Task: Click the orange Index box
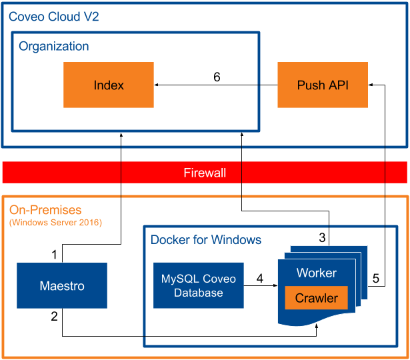click(109, 85)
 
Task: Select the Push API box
click(322, 85)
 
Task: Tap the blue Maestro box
click(62, 286)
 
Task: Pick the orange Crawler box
click(317, 298)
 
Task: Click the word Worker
click(317, 273)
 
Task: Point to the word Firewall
click(205, 173)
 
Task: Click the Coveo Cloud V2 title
click(53, 17)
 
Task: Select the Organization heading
click(53, 46)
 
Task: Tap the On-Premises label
click(45, 210)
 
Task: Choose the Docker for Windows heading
click(206, 239)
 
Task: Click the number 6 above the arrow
click(217, 77)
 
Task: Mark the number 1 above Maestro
click(55, 254)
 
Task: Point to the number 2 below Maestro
click(55, 317)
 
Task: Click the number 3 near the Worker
click(322, 237)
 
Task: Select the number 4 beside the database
click(260, 278)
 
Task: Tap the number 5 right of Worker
click(376, 279)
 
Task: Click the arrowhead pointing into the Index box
click(157, 85)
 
